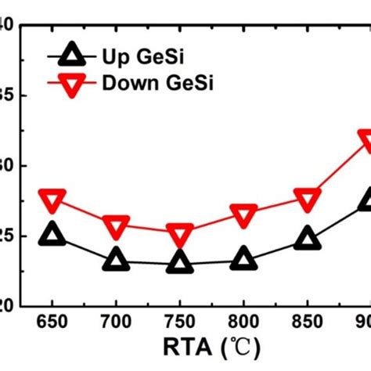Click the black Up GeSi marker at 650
tap(52, 233)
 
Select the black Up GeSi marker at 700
tap(116, 260)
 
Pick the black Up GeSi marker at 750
tap(180, 263)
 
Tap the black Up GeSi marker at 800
tap(243, 259)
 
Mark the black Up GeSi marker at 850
tap(307, 239)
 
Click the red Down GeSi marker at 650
tap(52, 200)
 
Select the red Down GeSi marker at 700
tap(116, 227)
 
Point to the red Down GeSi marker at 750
tap(180, 234)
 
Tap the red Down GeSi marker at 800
tap(243, 214)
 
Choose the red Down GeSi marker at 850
tap(307, 199)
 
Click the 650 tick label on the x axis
tap(52, 322)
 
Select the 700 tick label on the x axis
tap(116, 322)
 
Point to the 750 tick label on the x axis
tap(180, 322)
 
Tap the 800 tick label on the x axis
tap(243, 322)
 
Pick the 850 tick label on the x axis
tap(307, 322)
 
